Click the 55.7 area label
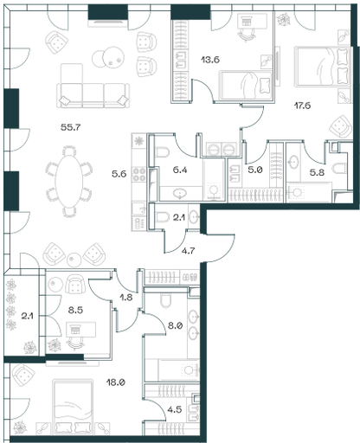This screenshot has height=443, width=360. pos(71,127)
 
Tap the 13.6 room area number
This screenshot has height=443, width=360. pos(210,60)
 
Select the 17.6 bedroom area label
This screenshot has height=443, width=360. pos(302,106)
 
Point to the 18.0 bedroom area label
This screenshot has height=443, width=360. pos(115,382)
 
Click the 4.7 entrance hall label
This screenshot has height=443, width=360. pos(189,251)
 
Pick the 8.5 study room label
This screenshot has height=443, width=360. pos(75,310)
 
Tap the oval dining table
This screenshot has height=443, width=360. pos(69,181)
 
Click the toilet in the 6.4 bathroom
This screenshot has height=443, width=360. pos(162,152)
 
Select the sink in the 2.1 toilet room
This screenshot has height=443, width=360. pos(194,218)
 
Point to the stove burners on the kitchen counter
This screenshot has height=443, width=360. pos(139,175)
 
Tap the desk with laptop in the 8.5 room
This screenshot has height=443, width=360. pos(80,330)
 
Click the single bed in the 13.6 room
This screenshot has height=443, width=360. pos(246,85)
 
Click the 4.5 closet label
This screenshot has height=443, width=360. pos(176,409)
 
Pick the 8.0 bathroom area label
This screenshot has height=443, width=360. pos(176,325)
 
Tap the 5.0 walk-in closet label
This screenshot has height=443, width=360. pos(255,170)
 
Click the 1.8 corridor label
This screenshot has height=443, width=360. pos(126,297)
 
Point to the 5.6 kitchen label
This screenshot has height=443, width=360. pos(119,174)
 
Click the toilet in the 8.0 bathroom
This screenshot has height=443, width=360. pos(166,301)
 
